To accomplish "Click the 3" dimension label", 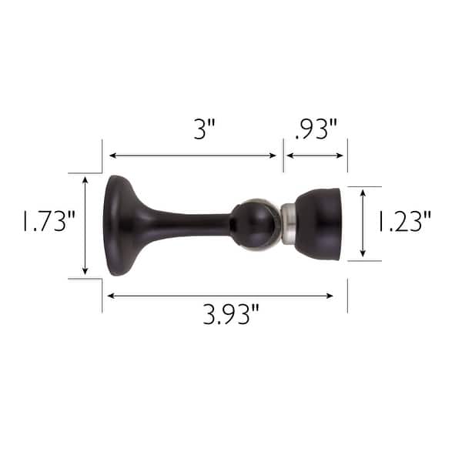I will point(203,129).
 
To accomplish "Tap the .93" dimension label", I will point(316,129).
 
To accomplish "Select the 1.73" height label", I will point(38,223).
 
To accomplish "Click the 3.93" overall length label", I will point(231,315).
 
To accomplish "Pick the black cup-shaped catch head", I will point(318,223).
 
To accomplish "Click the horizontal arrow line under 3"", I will point(192,156).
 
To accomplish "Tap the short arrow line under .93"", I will point(315,156).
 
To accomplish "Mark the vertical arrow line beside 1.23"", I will point(363,223).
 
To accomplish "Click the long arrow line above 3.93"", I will point(220,295).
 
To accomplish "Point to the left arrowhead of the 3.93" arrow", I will point(111,295).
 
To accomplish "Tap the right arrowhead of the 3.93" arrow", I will point(330,295).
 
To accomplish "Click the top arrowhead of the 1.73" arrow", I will point(85,179).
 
